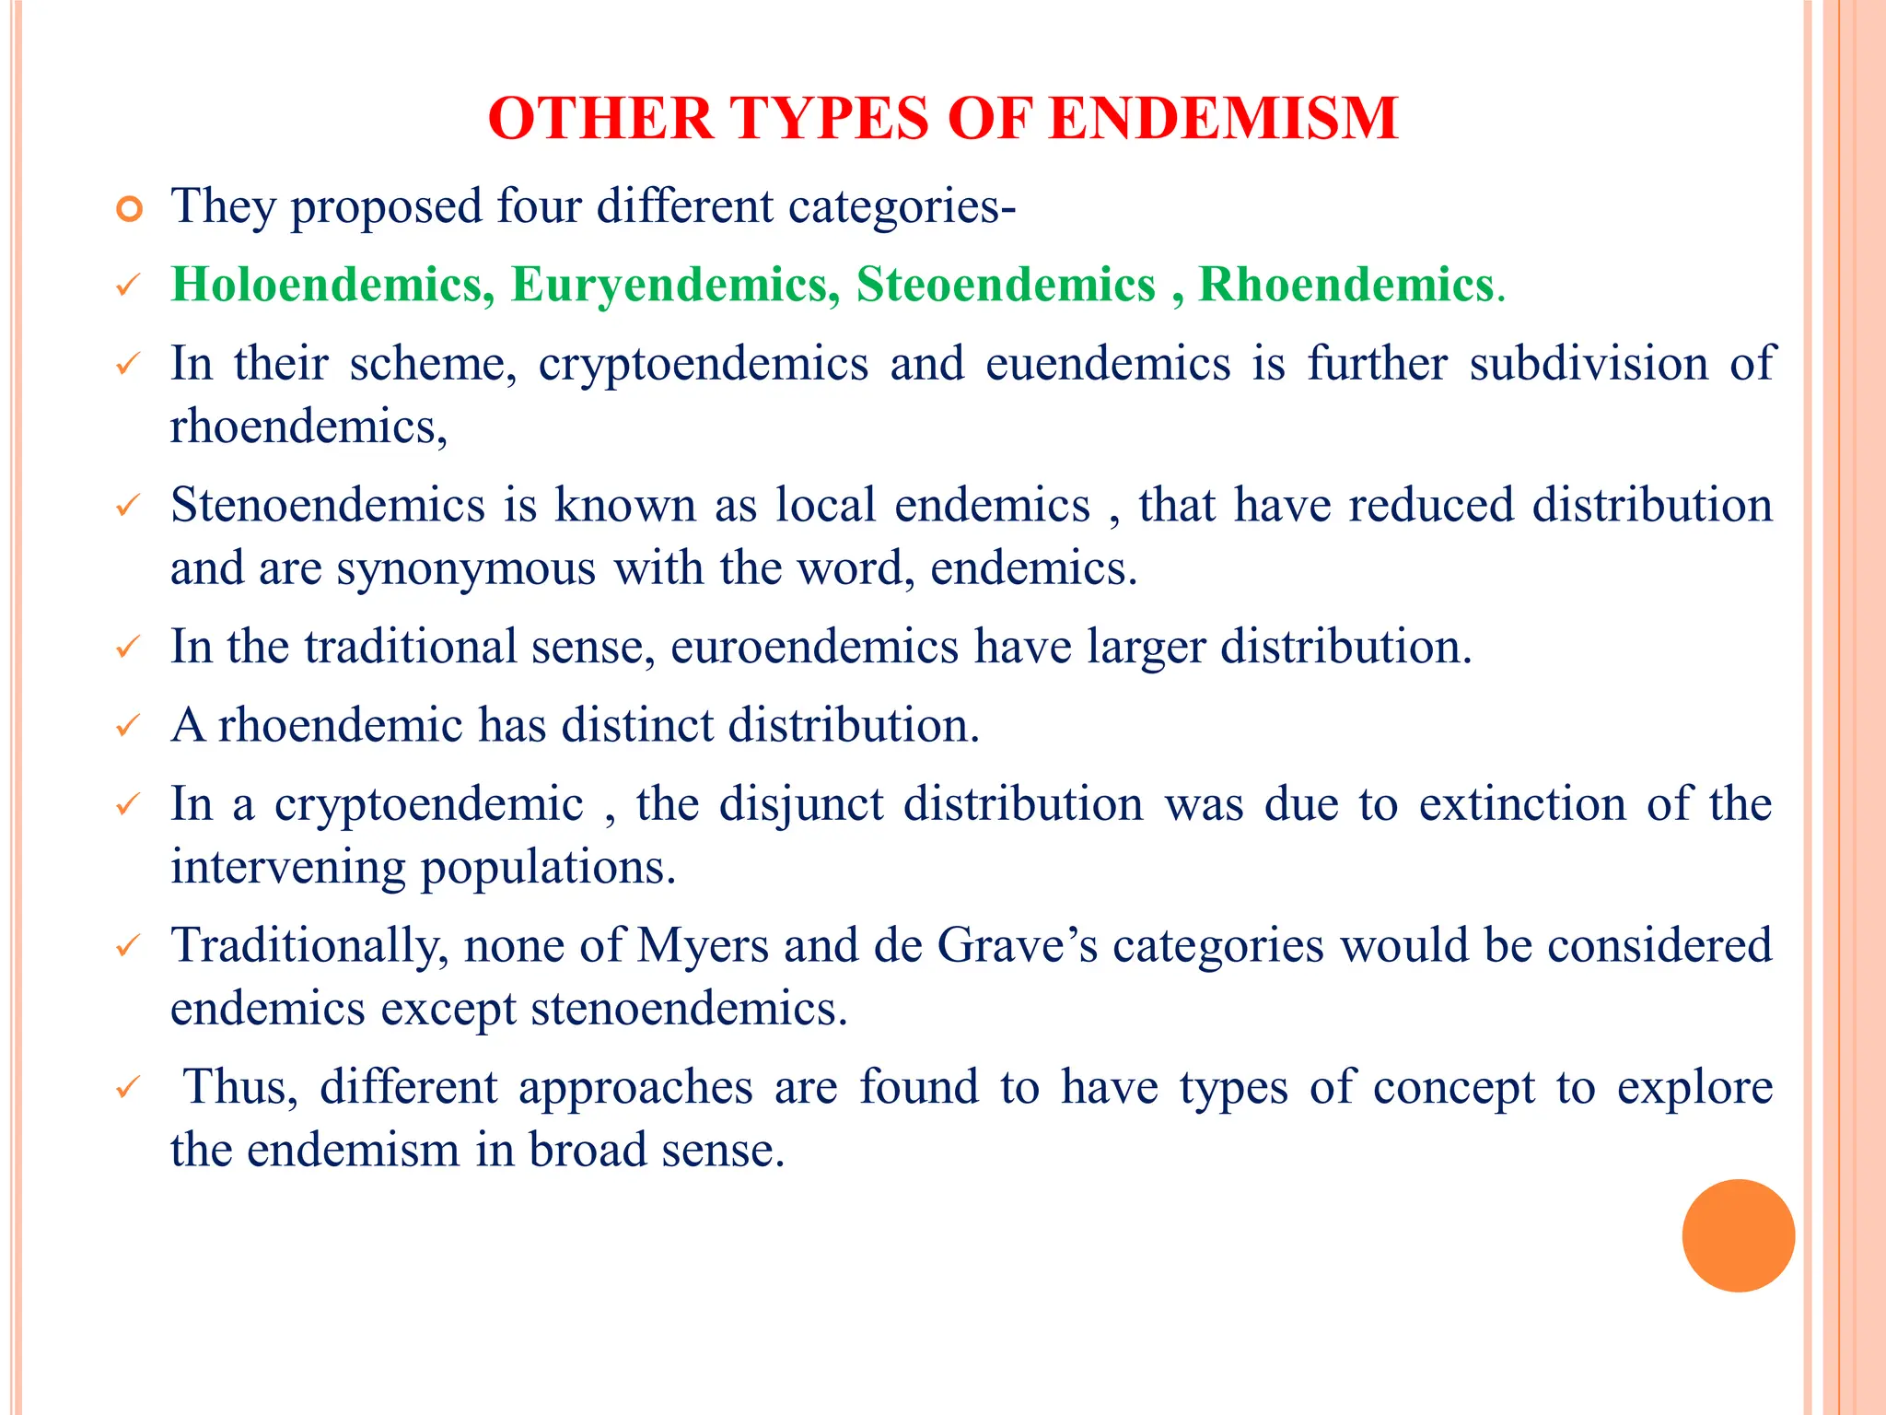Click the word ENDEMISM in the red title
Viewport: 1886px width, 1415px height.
tap(1223, 119)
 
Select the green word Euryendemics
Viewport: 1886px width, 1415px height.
tap(675, 285)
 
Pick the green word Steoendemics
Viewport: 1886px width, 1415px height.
tap(1006, 285)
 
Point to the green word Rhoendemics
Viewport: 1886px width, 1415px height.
tap(1345, 285)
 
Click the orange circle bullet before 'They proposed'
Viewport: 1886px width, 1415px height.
tap(130, 209)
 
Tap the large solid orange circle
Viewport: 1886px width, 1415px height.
tap(1738, 1235)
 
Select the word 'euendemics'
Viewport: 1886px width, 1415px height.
tap(1108, 363)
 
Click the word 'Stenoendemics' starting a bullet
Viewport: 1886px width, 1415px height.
tap(328, 505)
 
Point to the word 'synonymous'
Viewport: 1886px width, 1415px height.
tap(466, 568)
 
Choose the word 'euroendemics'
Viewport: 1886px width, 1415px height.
tap(814, 647)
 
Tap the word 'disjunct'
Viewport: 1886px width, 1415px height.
tap(801, 804)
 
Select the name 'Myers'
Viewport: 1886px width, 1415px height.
tap(703, 946)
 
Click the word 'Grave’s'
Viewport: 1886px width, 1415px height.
tap(1017, 946)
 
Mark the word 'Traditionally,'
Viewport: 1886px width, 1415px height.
tap(310, 946)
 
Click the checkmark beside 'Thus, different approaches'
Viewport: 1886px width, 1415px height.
tap(127, 1088)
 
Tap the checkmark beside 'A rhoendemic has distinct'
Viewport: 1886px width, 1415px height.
tap(127, 726)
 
